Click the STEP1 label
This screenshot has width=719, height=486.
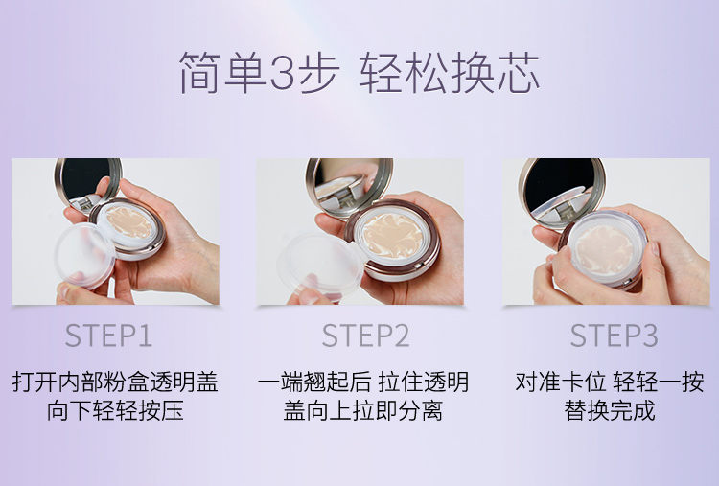click(108, 336)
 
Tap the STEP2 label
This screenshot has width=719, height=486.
click(365, 336)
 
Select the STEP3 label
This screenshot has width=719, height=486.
click(614, 336)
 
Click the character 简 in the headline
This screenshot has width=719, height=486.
click(200, 73)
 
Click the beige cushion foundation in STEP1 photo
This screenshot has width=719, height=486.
click(129, 221)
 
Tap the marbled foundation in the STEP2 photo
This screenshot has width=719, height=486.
click(393, 236)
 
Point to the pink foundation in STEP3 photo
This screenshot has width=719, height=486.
click(604, 250)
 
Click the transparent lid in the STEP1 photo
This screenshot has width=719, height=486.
click(84, 254)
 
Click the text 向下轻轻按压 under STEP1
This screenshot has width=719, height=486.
click(115, 411)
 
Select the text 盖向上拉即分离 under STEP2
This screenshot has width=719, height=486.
click(362, 411)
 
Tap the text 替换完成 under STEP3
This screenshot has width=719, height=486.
click(610, 411)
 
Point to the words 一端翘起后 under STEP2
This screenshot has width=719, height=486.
click(314, 382)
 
